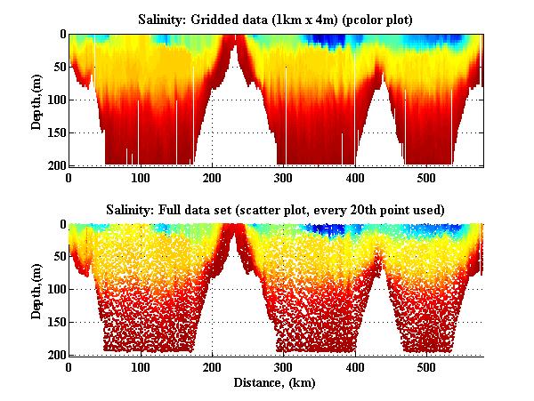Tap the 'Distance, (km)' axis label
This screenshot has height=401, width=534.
point(276,382)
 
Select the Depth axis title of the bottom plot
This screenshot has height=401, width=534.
point(36,290)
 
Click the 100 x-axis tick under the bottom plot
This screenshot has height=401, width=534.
point(141,367)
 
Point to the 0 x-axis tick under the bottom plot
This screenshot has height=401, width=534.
point(69,367)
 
